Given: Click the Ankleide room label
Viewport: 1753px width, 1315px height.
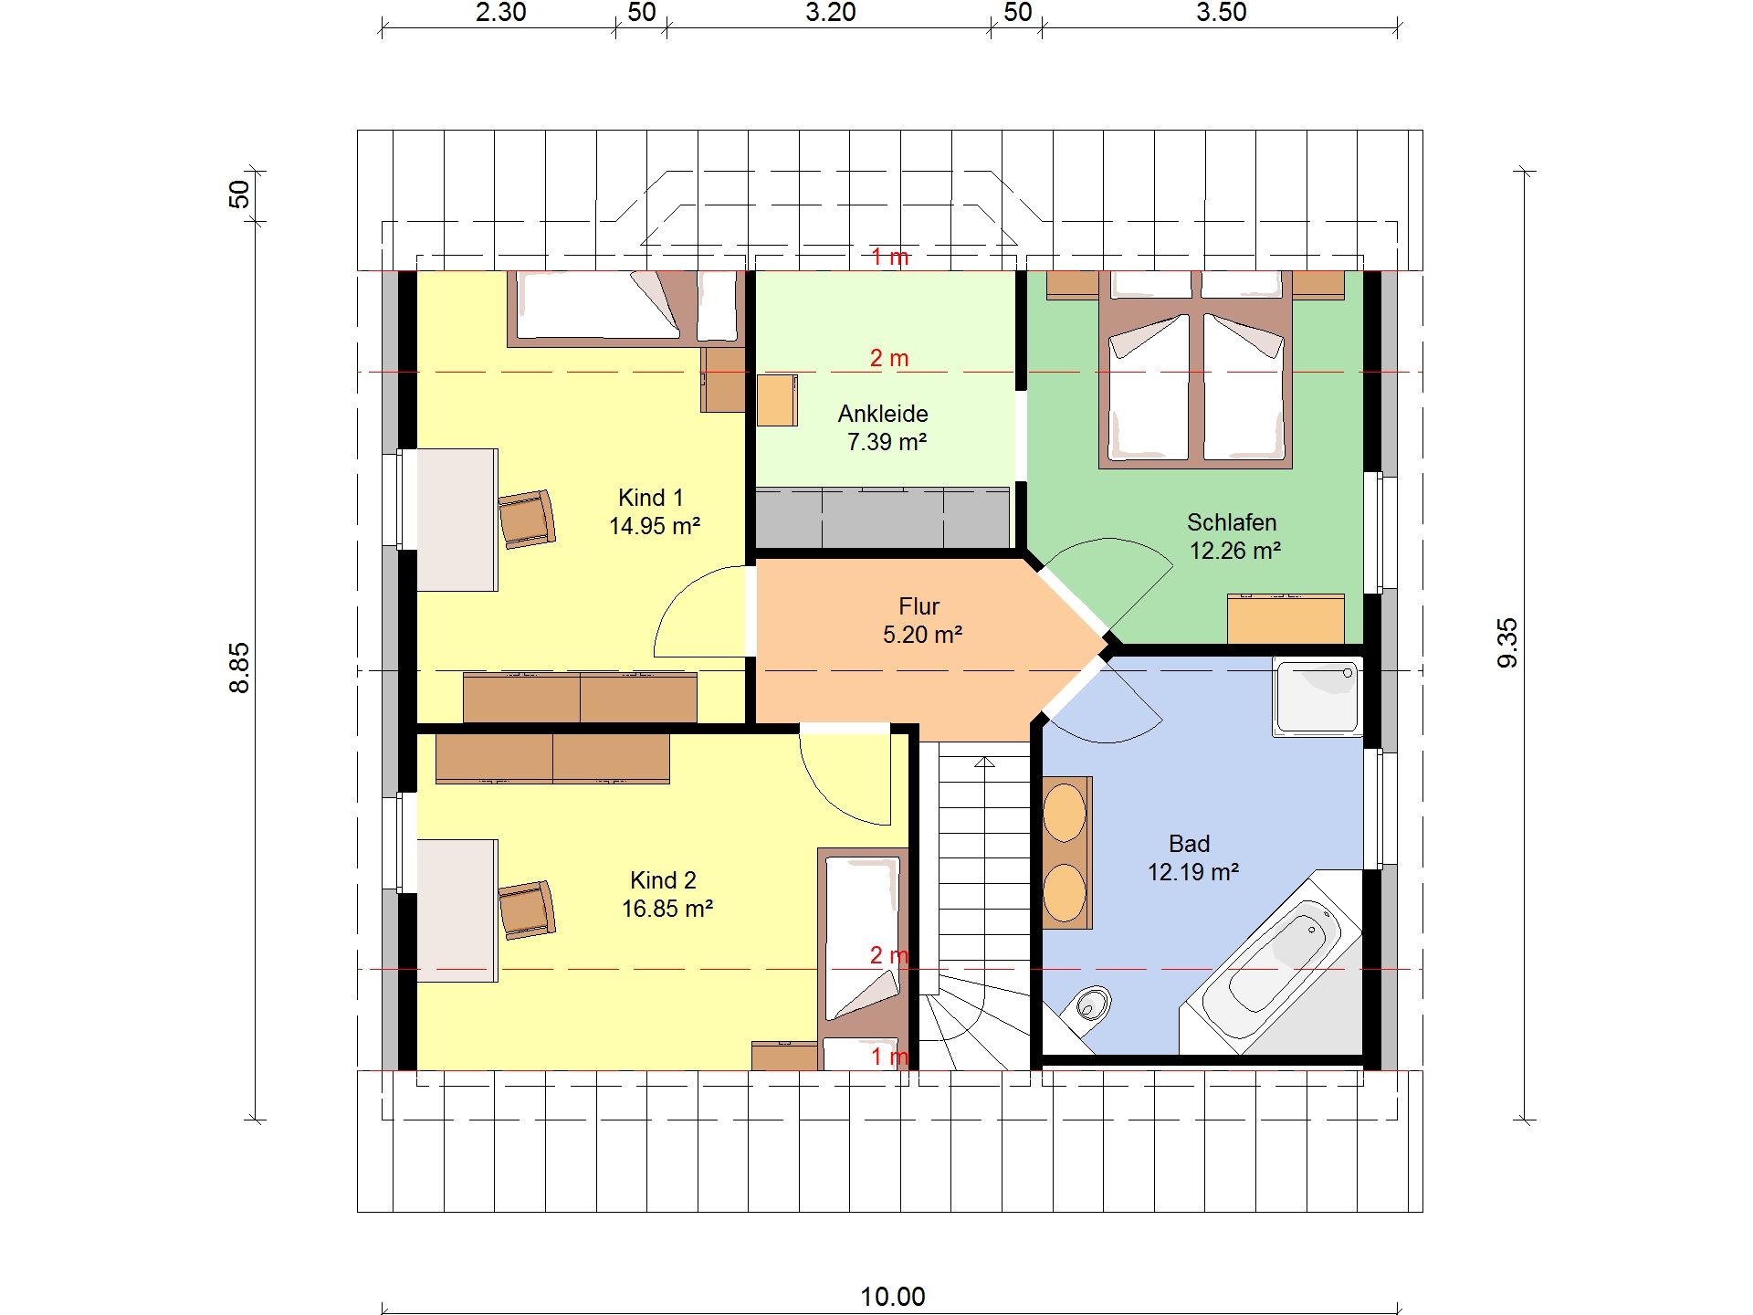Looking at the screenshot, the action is [x=883, y=414].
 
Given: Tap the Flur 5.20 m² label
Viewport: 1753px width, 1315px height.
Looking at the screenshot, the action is [x=920, y=620].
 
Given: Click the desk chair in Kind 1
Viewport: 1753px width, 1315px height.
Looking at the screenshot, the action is [x=527, y=519].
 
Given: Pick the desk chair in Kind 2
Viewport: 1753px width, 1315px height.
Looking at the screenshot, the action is [x=527, y=910].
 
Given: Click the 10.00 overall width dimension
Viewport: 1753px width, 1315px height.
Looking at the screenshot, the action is [x=892, y=1296].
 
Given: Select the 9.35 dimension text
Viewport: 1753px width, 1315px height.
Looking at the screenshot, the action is [x=1507, y=643].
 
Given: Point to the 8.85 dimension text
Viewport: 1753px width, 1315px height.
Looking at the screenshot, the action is [x=238, y=668].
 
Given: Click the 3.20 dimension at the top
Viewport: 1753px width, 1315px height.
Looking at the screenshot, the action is [x=830, y=13].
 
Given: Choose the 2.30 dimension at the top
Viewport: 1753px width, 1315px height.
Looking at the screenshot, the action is [x=500, y=13].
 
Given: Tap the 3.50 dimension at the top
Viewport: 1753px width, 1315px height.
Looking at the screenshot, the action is [x=1221, y=13].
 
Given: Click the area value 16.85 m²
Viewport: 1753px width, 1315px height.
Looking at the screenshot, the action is [x=667, y=909].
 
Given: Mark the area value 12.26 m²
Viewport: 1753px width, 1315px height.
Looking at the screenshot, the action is [x=1235, y=551].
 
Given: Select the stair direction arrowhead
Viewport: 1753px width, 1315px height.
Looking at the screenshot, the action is [x=984, y=762].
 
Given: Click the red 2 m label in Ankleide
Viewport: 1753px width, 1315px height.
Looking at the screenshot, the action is [x=889, y=358].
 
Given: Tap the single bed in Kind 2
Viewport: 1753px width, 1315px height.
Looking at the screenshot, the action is [x=864, y=959].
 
